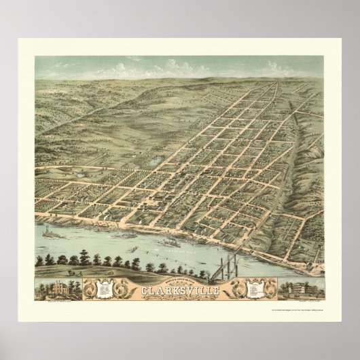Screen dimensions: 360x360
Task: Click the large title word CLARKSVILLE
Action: (180, 275)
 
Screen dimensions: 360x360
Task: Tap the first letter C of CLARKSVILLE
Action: (144, 275)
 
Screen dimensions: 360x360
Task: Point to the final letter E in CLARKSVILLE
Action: (215, 275)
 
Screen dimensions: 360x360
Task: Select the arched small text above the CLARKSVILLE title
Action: (179, 266)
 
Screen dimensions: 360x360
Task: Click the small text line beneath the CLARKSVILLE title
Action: (180, 282)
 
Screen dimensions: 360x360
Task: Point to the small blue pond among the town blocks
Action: (156, 162)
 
